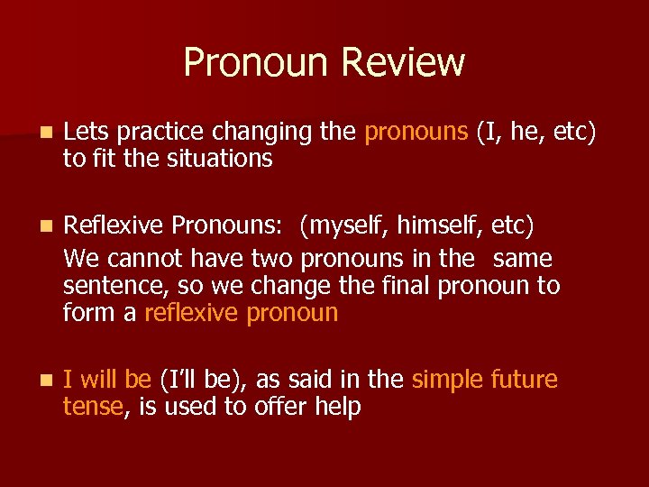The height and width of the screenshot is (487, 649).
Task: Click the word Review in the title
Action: click(x=404, y=62)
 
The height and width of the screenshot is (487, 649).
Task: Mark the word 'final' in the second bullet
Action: click(x=407, y=287)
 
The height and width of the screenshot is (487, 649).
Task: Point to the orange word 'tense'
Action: click(x=92, y=407)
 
